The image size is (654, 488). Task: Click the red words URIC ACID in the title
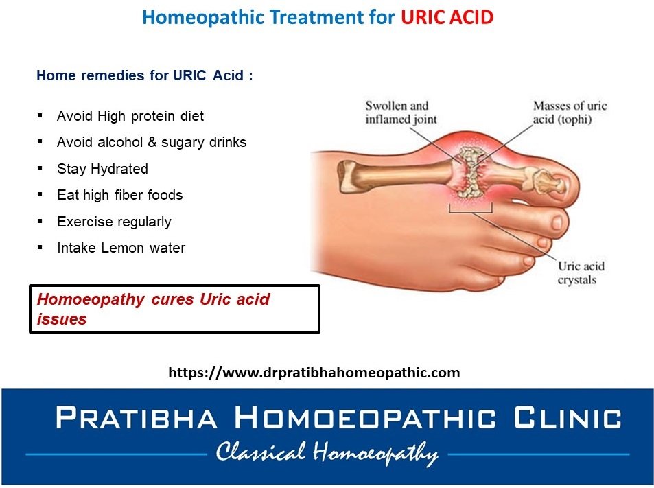click(x=447, y=18)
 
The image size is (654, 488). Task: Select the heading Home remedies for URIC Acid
click(x=144, y=75)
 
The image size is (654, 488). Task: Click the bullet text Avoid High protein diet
click(x=130, y=116)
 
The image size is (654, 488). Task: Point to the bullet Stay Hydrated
click(x=103, y=169)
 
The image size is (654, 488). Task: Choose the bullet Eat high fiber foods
click(x=119, y=195)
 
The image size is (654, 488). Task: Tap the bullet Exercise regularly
click(x=114, y=222)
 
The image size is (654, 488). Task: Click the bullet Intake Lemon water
click(x=121, y=248)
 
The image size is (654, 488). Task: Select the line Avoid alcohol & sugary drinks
click(x=152, y=142)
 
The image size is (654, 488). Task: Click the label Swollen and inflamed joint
click(x=401, y=113)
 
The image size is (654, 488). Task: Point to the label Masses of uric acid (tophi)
click(x=570, y=113)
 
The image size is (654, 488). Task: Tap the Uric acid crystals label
click(x=581, y=272)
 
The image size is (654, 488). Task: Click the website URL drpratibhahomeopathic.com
click(x=314, y=372)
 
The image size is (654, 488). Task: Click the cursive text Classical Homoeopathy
click(x=327, y=453)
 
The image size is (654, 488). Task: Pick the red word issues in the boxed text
click(x=62, y=319)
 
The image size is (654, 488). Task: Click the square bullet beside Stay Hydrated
click(x=40, y=169)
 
